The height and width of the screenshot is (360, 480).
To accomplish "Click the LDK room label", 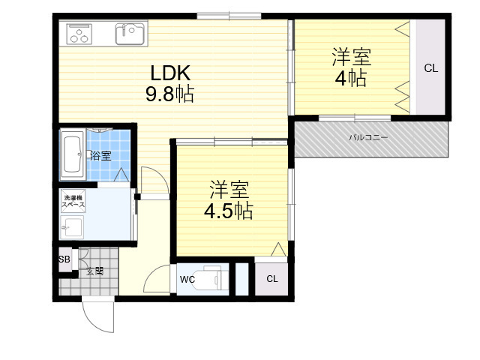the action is click(x=170, y=73).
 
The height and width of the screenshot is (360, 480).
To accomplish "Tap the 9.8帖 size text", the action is click(x=169, y=94).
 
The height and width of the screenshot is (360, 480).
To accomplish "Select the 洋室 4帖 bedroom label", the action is click(x=352, y=67).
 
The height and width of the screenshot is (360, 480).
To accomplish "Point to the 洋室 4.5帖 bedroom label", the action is click(x=229, y=200).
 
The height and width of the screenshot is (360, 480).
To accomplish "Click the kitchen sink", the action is click(x=130, y=34).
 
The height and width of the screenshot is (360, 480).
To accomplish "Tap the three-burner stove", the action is click(x=79, y=33).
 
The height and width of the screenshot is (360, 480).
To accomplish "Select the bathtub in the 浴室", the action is click(x=73, y=155).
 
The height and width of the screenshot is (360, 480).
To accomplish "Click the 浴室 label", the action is click(x=100, y=156).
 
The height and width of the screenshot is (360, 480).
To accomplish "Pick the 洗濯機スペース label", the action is click(x=73, y=202).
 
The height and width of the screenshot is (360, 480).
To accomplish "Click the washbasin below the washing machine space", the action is click(x=72, y=227).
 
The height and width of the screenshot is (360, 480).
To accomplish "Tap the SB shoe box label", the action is click(x=64, y=259).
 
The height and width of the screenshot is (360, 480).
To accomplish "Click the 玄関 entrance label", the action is click(x=94, y=271).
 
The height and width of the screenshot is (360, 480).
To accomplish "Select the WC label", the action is click(x=187, y=279).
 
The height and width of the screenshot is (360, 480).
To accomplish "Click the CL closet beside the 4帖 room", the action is click(x=431, y=68).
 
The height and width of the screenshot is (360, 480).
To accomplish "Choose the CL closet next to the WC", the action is click(x=272, y=278).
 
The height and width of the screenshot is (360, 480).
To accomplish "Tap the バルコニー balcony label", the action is click(x=368, y=137).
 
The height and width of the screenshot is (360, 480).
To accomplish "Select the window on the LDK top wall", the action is click(x=229, y=16).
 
